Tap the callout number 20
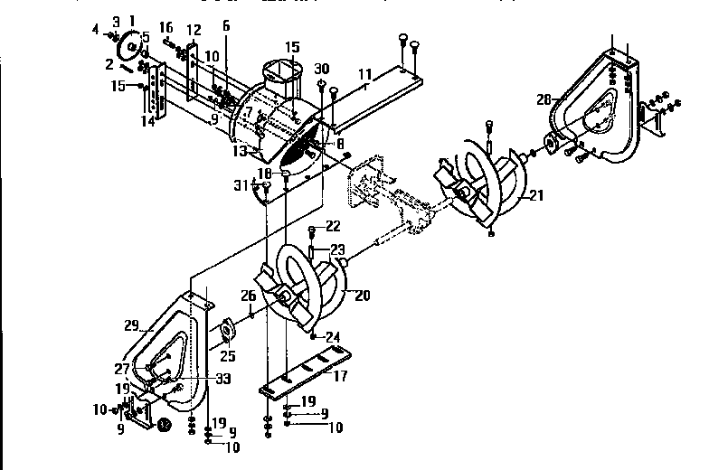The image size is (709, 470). tap(362, 295)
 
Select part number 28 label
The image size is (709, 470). tap(544, 99)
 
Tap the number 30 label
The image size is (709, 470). tap(321, 70)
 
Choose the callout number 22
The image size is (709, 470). tap(333, 226)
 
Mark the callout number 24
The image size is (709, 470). tap(332, 337)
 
